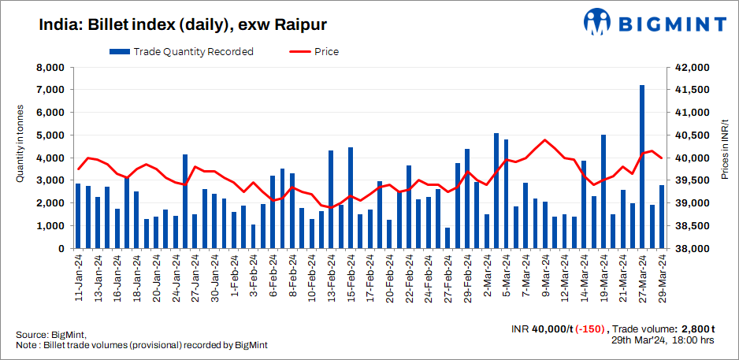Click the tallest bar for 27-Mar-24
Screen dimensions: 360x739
[x=642, y=166]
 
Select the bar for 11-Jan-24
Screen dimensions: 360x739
[x=78, y=216]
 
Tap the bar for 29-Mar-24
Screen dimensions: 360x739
[x=662, y=217]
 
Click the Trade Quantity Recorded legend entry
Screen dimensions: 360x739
[x=181, y=52]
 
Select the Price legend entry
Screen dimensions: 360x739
[x=315, y=52]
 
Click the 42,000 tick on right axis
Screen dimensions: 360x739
[x=685, y=68]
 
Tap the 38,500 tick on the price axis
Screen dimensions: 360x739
[x=685, y=226]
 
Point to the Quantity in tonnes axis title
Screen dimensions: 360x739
[x=20, y=158]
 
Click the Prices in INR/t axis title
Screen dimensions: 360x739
[x=724, y=158]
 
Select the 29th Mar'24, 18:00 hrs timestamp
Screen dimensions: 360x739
[x=663, y=340]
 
